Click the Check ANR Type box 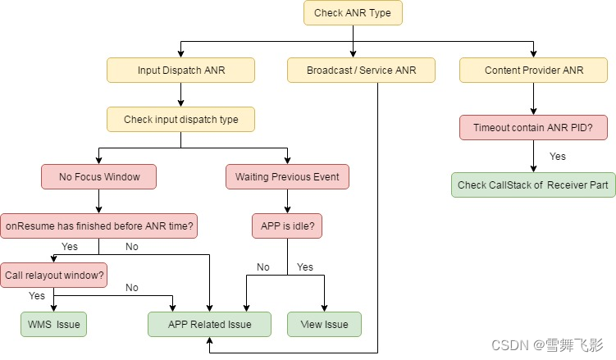click(353, 13)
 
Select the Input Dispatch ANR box click(180, 71)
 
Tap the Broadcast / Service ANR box click(361, 71)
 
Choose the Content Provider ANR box click(534, 71)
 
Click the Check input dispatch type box click(180, 120)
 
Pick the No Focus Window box click(98, 177)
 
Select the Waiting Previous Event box click(287, 177)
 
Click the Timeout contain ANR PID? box click(533, 128)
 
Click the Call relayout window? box click(54, 276)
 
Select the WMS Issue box click(53, 325)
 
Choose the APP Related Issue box click(209, 325)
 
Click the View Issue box click(324, 325)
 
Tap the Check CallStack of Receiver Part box click(533, 185)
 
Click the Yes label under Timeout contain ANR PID click(557, 157)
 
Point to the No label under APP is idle click(262, 267)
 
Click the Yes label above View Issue click(305, 267)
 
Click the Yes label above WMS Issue click(37, 296)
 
